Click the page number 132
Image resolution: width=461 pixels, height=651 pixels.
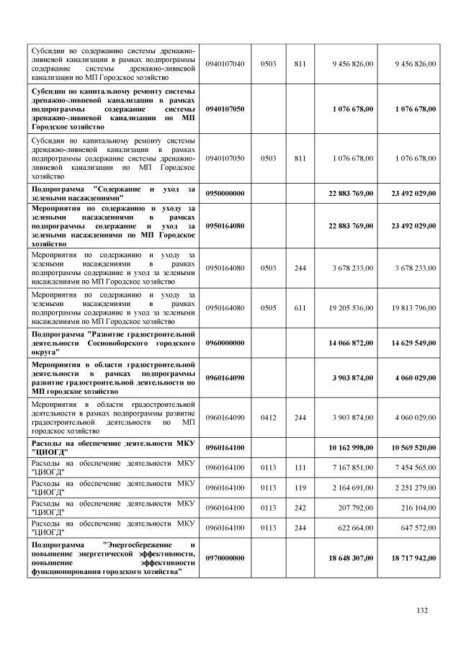422,611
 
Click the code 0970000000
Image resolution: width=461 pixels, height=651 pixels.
225,558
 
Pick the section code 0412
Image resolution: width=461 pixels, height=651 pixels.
268,417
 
